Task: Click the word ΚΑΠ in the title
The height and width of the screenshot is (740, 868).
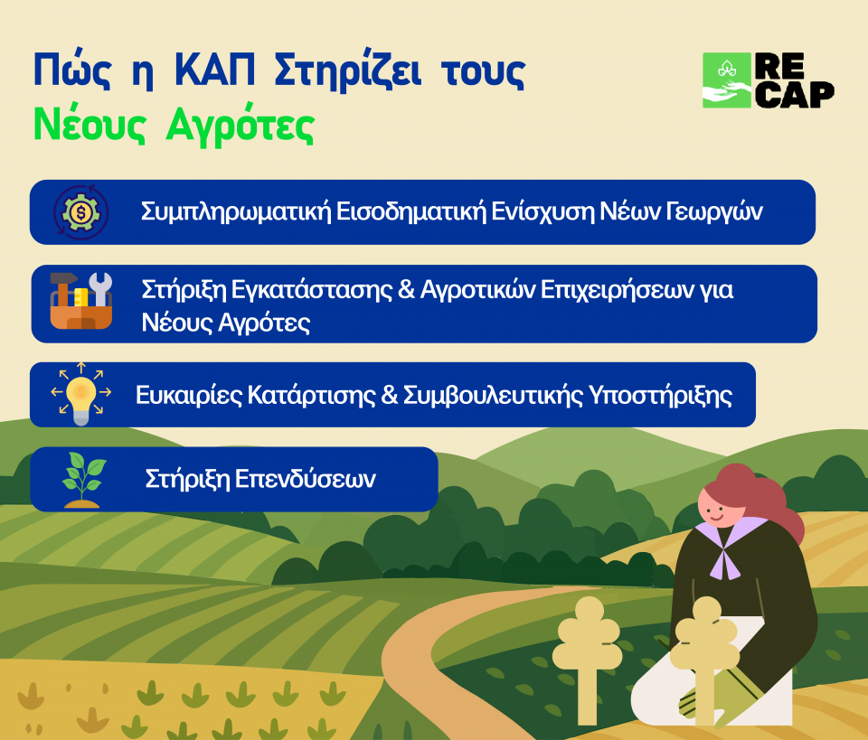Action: (x=215, y=70)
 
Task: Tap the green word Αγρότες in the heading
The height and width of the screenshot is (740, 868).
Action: (x=241, y=125)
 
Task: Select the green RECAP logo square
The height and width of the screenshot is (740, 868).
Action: (x=727, y=80)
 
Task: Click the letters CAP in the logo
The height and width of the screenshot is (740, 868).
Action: (x=795, y=94)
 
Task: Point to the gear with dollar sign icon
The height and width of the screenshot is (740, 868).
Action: (x=80, y=212)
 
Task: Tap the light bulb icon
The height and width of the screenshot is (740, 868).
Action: (x=80, y=394)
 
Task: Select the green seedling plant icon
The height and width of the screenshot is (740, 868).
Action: (x=83, y=480)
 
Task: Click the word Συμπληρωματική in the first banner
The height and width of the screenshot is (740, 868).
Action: (x=236, y=211)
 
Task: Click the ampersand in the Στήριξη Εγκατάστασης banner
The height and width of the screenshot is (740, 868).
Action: (x=406, y=289)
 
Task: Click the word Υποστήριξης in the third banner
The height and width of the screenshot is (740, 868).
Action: (x=660, y=396)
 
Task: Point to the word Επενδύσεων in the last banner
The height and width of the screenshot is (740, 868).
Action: (x=306, y=479)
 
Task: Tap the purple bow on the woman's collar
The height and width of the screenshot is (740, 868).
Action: (x=724, y=559)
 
